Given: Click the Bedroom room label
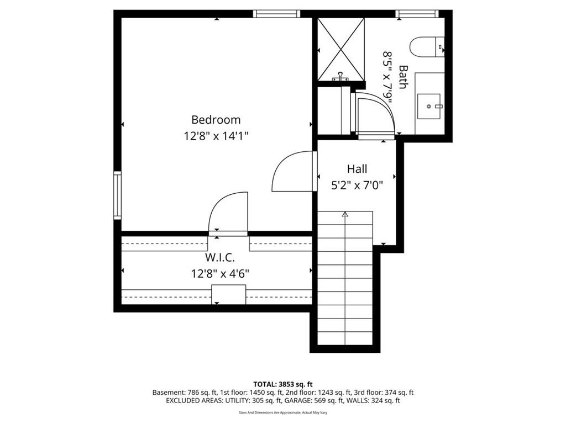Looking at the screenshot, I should pyautogui.click(x=216, y=119).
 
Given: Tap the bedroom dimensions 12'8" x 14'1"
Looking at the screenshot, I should pyautogui.click(x=216, y=135).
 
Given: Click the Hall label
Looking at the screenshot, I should pyautogui.click(x=357, y=169).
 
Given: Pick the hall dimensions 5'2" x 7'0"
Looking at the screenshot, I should pyautogui.click(x=357, y=185).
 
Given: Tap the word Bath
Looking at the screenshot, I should pyautogui.click(x=403, y=77).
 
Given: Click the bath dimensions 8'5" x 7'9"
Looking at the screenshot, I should pyautogui.click(x=389, y=77).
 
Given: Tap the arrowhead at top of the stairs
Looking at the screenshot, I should pyautogui.click(x=345, y=214).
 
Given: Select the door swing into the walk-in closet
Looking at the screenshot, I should pyautogui.click(x=228, y=213).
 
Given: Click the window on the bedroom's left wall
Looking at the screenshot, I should pyautogui.click(x=117, y=195).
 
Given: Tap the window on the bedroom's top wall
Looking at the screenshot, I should pyautogui.click(x=277, y=14).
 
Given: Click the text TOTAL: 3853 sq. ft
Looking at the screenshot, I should pyautogui.click(x=283, y=384).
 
